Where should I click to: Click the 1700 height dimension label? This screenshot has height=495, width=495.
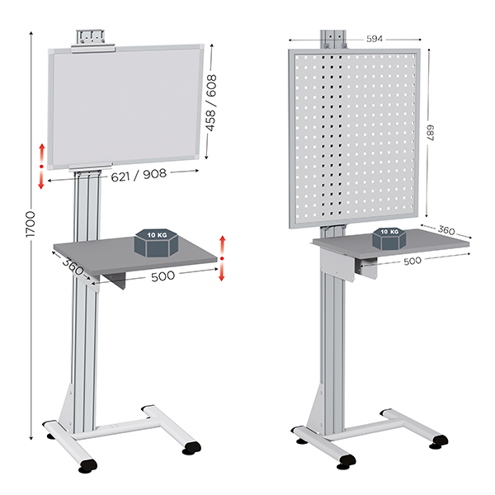31,224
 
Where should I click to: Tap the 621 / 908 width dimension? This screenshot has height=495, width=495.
139,176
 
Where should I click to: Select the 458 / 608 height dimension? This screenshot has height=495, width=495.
211,102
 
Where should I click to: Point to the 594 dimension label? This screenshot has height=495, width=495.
375,39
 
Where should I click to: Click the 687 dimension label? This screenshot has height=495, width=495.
431,133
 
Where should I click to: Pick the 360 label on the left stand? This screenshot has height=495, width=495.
73,266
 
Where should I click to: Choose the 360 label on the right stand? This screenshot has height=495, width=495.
446,230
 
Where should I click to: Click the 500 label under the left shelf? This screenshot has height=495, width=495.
163,276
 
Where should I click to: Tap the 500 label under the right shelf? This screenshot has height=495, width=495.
412,261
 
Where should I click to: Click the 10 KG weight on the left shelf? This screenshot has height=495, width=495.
157,243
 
